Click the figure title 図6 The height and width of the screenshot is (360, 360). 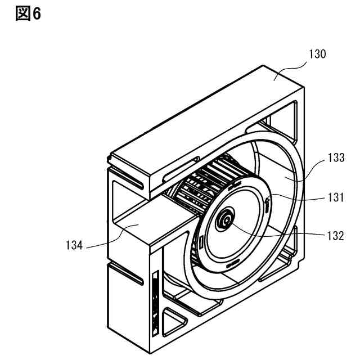[27, 14]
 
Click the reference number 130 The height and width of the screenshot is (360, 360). [317, 55]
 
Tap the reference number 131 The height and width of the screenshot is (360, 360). [336, 197]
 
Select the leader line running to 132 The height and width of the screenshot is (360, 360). [281, 232]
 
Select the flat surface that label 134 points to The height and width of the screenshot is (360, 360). [138, 225]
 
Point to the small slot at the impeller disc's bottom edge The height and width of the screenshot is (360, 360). [232, 264]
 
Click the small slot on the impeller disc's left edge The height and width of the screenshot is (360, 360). [200, 242]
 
